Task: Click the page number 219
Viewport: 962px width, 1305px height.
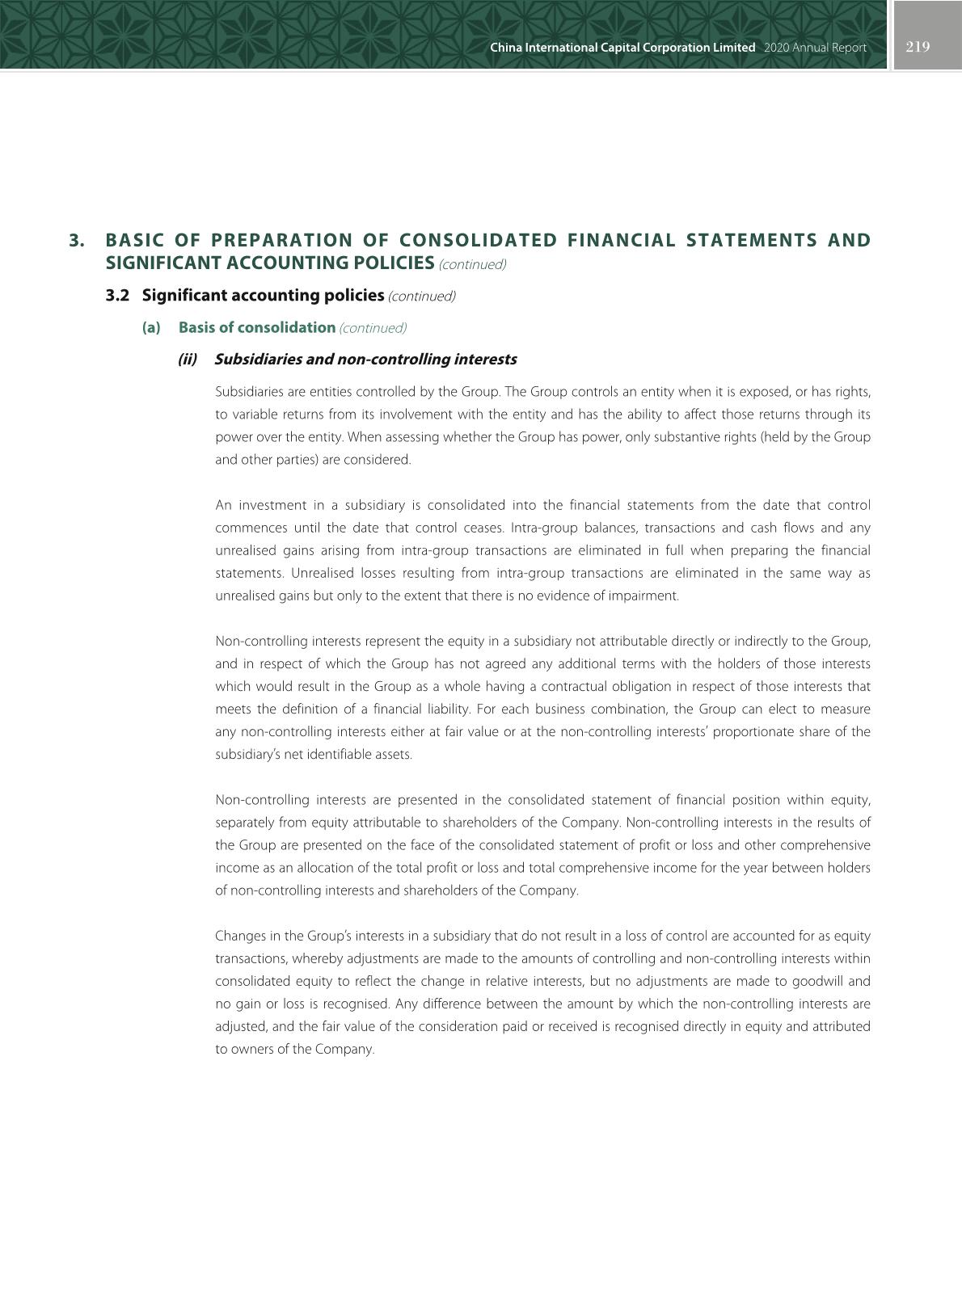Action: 918,47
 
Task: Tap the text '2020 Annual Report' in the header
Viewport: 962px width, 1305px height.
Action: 815,48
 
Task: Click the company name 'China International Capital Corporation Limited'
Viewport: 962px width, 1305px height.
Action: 622,48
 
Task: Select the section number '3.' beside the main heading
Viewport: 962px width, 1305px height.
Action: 77,241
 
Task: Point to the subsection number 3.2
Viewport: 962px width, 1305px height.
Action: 117,296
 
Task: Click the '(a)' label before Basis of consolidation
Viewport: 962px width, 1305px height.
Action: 151,328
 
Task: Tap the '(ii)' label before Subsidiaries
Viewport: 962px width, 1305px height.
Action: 188,360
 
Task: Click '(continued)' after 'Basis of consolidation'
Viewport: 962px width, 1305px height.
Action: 373,328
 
